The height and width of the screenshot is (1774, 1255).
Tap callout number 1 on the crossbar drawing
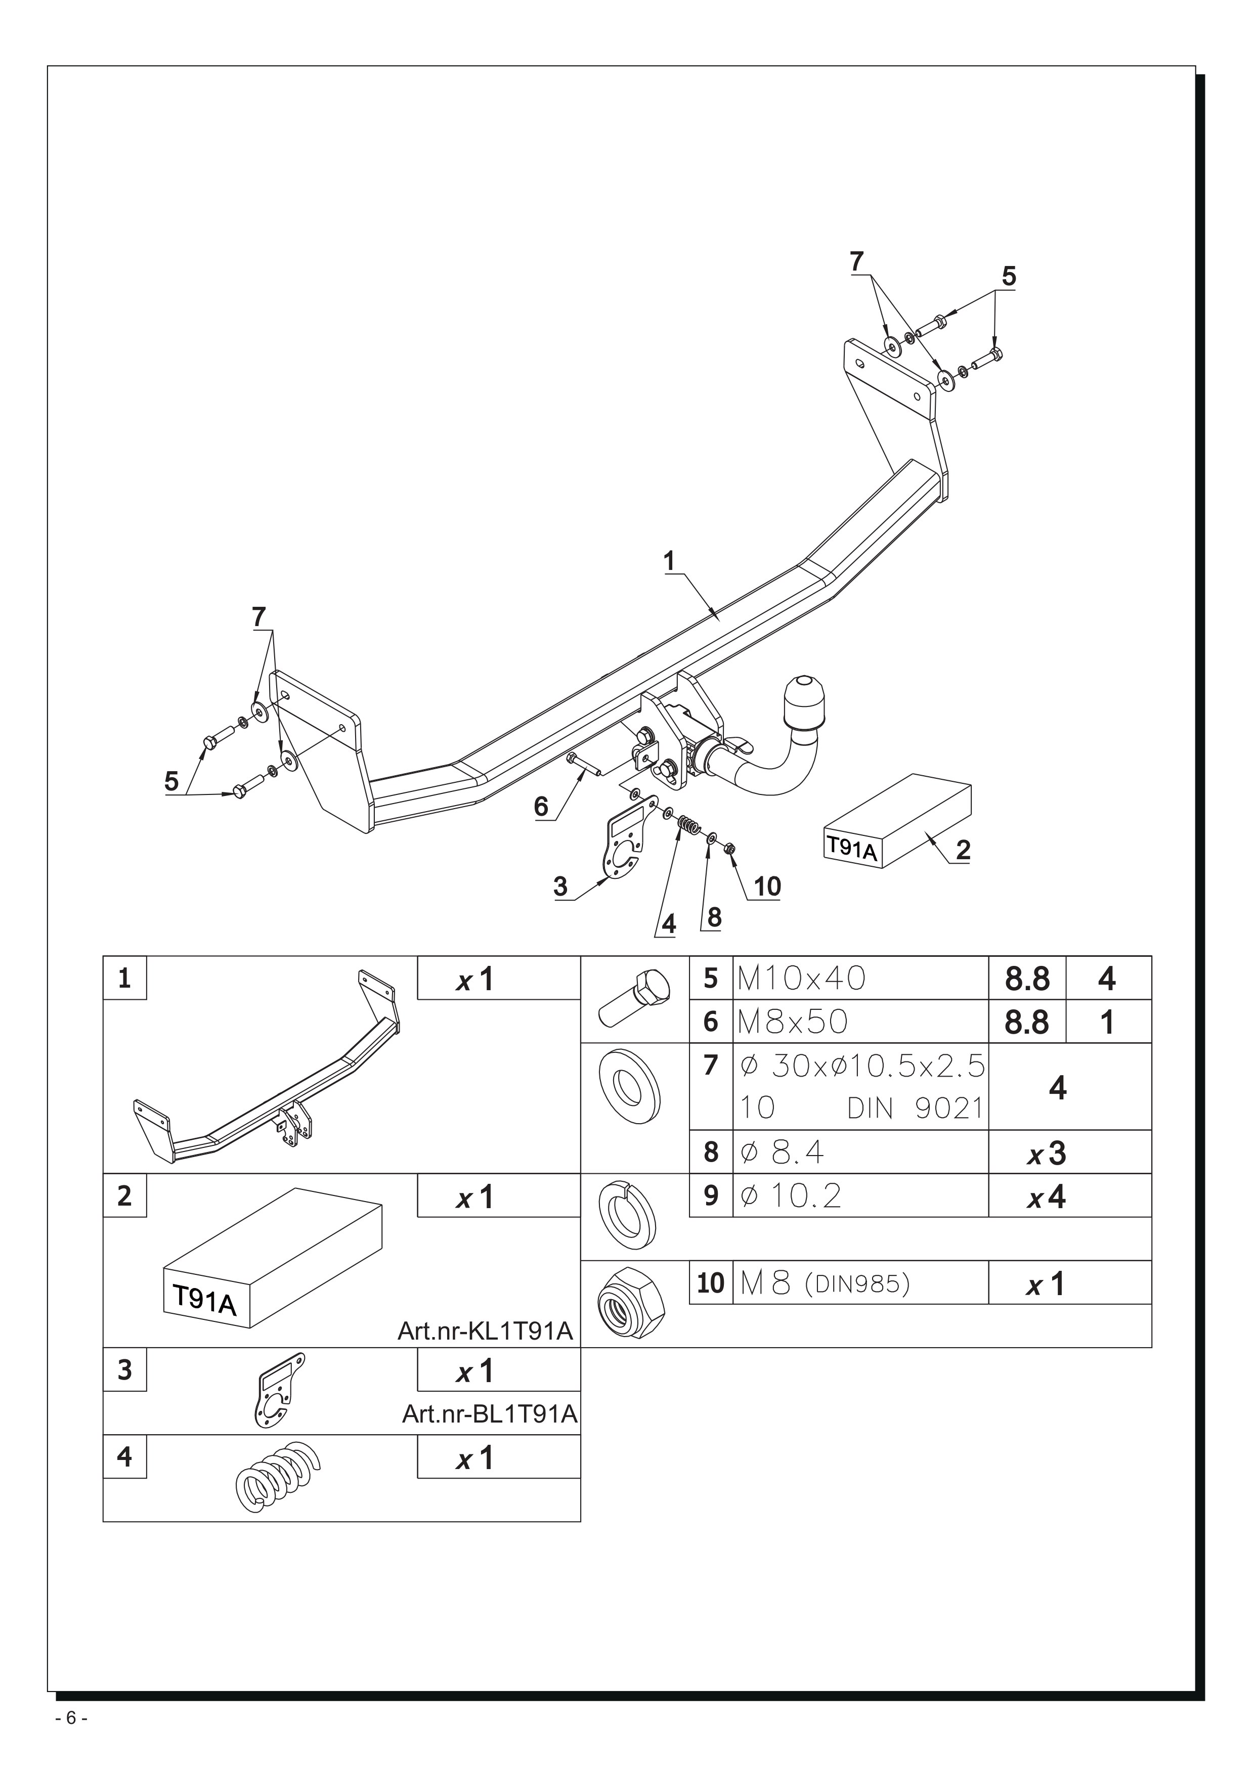coord(669,561)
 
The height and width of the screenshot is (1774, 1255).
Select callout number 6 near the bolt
coord(541,807)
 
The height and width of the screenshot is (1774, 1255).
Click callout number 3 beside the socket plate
coord(561,886)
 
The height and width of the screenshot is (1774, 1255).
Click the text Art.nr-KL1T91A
coord(485,1332)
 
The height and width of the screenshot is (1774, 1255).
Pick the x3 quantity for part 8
coord(1047,1154)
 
